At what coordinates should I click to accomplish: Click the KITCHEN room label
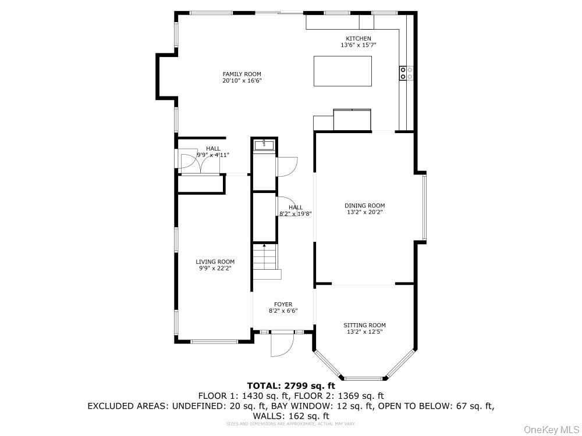[x=358, y=38]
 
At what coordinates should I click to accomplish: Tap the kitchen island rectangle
[x=343, y=71]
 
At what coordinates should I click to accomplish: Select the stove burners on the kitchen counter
[x=406, y=73]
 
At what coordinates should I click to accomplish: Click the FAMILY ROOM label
[x=242, y=74]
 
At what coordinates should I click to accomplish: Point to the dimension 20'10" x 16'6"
[x=242, y=81]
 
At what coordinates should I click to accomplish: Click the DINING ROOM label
[x=364, y=205]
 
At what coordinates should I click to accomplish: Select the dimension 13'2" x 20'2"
[x=364, y=212]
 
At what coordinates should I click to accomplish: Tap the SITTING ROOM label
[x=364, y=325]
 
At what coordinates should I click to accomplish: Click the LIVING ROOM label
[x=215, y=262]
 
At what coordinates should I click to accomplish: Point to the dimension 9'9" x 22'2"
[x=215, y=269]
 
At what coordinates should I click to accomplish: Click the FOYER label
[x=283, y=304]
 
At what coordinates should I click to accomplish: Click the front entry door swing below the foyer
[x=282, y=345]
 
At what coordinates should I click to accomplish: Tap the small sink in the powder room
[x=265, y=144]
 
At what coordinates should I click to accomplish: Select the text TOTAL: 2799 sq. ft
[x=291, y=385]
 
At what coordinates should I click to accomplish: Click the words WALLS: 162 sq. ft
[x=291, y=416]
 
